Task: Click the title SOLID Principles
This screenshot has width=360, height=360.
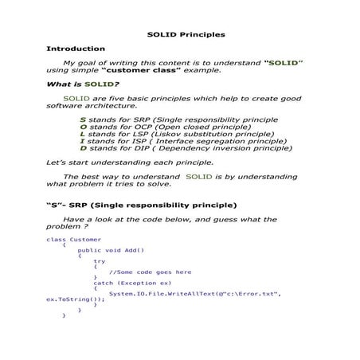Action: (187, 34)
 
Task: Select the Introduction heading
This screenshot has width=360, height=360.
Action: (76, 49)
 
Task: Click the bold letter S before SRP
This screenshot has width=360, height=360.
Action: (83, 119)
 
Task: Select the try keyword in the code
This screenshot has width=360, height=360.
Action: (99, 260)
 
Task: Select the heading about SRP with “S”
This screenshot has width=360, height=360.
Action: (141, 205)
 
